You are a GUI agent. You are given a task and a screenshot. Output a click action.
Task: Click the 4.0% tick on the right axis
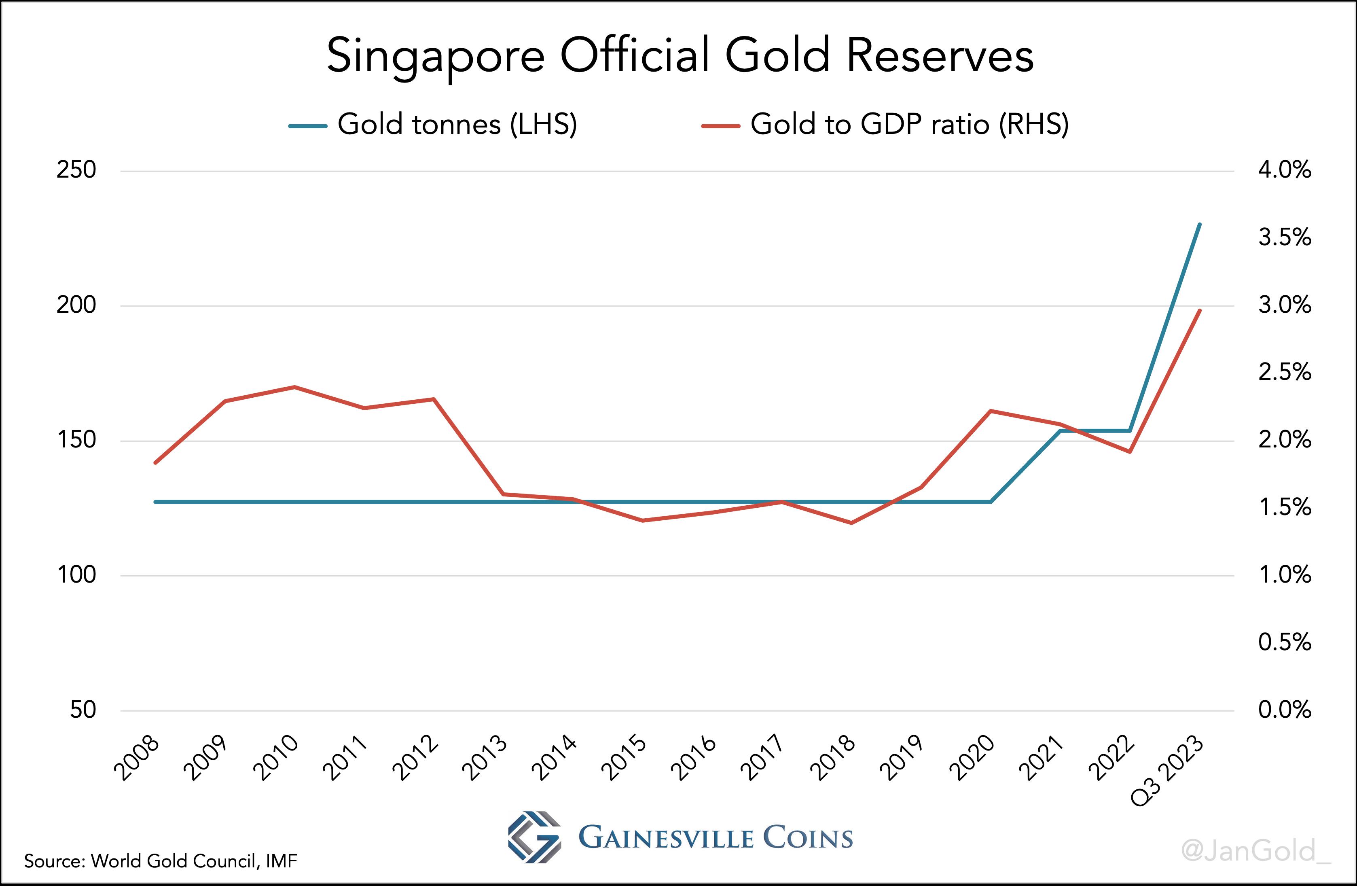pyautogui.click(x=1285, y=170)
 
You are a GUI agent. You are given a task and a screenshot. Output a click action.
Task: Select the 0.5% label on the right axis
pyautogui.click(x=1285, y=642)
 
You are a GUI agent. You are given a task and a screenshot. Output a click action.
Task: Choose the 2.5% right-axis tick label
pyautogui.click(x=1285, y=372)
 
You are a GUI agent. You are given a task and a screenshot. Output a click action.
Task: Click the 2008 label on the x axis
pyautogui.click(x=137, y=758)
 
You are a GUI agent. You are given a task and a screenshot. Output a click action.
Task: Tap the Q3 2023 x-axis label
pyautogui.click(x=1168, y=771)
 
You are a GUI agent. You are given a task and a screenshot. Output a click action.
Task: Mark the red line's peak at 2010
pyautogui.click(x=294, y=387)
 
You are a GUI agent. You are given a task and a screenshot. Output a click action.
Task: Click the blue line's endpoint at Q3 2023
pyautogui.click(x=1200, y=225)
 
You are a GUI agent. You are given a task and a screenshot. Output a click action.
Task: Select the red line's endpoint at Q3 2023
pyautogui.click(x=1200, y=311)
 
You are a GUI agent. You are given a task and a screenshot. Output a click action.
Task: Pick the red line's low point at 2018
pyautogui.click(x=851, y=523)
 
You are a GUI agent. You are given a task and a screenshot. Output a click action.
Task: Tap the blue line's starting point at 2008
pyautogui.click(x=155, y=502)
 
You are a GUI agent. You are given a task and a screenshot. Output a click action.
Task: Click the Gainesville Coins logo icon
pyautogui.click(x=534, y=837)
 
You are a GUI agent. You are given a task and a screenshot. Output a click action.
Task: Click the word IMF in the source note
pyautogui.click(x=281, y=861)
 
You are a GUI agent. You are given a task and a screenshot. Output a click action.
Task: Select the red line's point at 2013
pyautogui.click(x=503, y=494)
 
